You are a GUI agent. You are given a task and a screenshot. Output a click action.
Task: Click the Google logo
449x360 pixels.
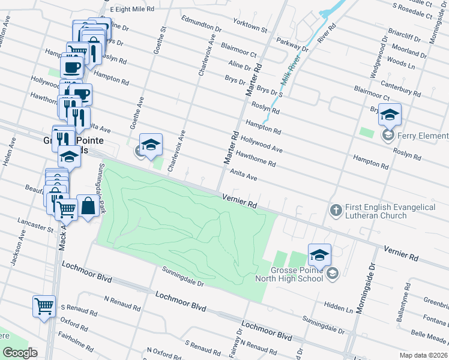20,353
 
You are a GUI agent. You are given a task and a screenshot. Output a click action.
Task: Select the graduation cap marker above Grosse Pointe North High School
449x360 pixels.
319,254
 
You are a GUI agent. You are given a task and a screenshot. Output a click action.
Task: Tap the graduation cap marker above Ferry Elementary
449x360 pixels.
390,114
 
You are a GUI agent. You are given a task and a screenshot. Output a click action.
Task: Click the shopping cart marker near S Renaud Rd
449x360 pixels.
44,306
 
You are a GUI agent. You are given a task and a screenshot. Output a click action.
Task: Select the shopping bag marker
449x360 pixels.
88,206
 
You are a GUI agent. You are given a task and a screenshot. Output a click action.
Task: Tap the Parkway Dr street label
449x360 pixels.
292,44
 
